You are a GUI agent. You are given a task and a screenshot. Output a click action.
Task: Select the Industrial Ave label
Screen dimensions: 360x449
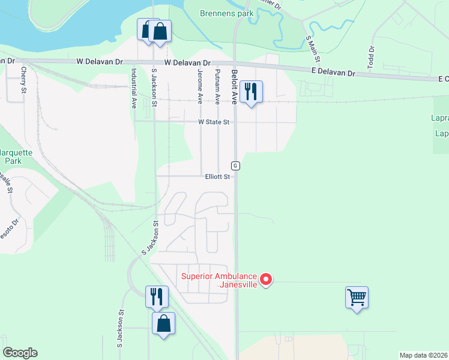[x=134, y=87]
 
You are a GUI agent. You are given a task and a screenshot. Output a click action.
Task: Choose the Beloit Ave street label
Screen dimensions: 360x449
[x=235, y=85]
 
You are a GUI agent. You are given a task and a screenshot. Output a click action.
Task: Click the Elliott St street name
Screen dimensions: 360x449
[x=217, y=177]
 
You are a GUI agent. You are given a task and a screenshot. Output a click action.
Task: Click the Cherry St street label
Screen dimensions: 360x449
[x=23, y=80]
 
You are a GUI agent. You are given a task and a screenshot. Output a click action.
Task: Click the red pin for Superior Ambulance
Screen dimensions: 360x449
[x=265, y=279]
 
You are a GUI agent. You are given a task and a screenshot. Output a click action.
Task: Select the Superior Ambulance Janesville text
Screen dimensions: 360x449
[x=220, y=280]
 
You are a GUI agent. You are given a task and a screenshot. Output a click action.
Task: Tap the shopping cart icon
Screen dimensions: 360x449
[x=357, y=297]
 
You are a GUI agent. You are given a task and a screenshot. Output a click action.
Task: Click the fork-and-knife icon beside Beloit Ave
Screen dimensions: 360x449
[x=250, y=92]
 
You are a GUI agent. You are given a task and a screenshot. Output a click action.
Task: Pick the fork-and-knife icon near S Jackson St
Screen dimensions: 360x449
[x=156, y=296]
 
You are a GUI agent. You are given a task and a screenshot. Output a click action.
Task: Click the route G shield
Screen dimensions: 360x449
[x=236, y=165]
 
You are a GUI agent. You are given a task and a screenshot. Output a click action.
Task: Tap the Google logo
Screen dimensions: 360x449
[x=20, y=353]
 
